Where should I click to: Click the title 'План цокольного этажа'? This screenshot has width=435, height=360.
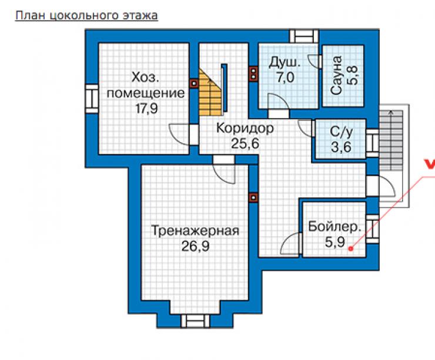pyautogui.click(x=86, y=15)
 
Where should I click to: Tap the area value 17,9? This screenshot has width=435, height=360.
pyautogui.click(x=147, y=109)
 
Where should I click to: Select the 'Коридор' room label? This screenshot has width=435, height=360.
pyautogui.click(x=245, y=129)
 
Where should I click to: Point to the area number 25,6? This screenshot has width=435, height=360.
pyautogui.click(x=245, y=143)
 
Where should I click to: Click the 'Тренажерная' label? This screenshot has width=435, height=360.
pyautogui.click(x=195, y=231)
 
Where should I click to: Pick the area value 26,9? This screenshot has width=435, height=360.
pyautogui.click(x=195, y=246)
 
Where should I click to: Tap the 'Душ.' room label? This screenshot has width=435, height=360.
pyautogui.click(x=285, y=63)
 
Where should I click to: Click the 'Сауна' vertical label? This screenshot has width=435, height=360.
pyautogui.click(x=336, y=75)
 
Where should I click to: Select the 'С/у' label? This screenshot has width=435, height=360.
pyautogui.click(x=341, y=132)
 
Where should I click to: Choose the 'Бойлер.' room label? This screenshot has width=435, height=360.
pyautogui.click(x=335, y=227)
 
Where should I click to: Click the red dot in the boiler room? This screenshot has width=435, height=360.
pyautogui.click(x=351, y=248)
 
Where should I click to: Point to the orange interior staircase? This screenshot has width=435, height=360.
pyautogui.click(x=210, y=93)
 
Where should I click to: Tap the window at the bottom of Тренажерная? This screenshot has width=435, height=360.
pyautogui.click(x=195, y=321)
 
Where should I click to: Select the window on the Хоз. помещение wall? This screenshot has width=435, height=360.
pyautogui.click(x=92, y=99)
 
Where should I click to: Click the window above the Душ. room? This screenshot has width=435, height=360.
pyautogui.click(x=304, y=36)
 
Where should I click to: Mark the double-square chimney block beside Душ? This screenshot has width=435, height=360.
pyautogui.click(x=253, y=74)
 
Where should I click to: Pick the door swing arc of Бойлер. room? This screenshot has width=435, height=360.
pyautogui.click(x=290, y=243)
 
